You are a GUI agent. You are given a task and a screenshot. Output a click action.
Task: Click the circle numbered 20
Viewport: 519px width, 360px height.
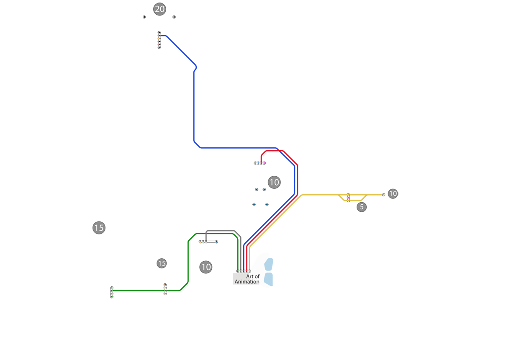(x=159, y=9)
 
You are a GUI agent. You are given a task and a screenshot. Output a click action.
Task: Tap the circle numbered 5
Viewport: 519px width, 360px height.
(x=362, y=207)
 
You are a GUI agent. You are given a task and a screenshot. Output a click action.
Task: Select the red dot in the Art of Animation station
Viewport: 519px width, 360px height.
(x=247, y=271)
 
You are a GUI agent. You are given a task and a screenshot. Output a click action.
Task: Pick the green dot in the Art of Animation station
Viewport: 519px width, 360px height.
(x=238, y=271)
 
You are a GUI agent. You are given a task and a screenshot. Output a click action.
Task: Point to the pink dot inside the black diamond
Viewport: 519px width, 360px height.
(x=348, y=198)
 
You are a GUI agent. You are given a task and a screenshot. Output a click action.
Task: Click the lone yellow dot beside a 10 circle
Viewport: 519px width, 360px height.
(x=383, y=195)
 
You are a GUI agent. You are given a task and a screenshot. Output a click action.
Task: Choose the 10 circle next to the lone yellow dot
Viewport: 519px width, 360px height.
(x=393, y=193)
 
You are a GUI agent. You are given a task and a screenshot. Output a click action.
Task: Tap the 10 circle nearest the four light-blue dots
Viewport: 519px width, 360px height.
(x=274, y=183)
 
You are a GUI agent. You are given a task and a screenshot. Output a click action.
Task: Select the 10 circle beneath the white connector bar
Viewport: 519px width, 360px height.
(x=206, y=267)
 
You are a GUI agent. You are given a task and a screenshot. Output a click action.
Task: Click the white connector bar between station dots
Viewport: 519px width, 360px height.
(x=211, y=242)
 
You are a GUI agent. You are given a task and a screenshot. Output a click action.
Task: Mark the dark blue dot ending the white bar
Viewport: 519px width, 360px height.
(x=216, y=242)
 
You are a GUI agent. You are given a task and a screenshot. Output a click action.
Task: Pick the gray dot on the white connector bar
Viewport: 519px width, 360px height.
(x=206, y=242)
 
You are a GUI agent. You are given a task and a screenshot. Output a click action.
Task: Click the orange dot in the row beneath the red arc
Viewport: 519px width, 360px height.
(x=255, y=163)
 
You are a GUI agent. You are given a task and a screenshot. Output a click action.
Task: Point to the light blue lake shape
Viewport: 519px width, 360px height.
(x=297, y=276)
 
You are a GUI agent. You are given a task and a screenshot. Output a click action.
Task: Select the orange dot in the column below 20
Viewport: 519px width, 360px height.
(x=159, y=39)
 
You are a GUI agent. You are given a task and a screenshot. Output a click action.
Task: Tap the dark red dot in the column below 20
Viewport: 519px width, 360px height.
(x=159, y=44)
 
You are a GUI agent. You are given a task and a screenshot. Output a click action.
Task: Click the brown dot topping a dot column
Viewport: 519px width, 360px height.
(x=165, y=285)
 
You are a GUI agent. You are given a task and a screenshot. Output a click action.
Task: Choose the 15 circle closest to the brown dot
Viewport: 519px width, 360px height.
(x=162, y=263)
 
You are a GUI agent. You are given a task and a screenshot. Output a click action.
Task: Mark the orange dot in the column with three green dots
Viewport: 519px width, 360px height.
(x=112, y=294)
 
